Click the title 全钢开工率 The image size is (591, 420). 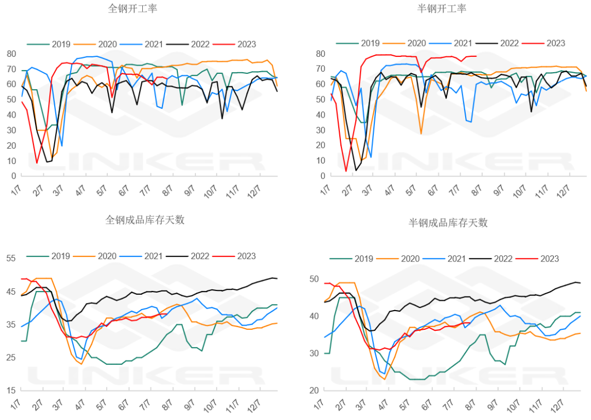[x=134, y=9]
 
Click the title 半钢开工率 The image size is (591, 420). [x=442, y=9]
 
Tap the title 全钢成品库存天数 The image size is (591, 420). [x=145, y=220]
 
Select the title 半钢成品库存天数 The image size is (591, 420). [x=448, y=223]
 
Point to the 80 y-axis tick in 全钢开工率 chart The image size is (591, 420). [x=11, y=54]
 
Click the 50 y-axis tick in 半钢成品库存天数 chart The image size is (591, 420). [x=314, y=279]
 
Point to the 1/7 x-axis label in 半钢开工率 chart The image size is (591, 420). [x=325, y=191]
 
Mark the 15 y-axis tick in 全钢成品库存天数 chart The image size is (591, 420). [x=11, y=390]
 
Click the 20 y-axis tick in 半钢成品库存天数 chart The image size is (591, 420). [x=314, y=390]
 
